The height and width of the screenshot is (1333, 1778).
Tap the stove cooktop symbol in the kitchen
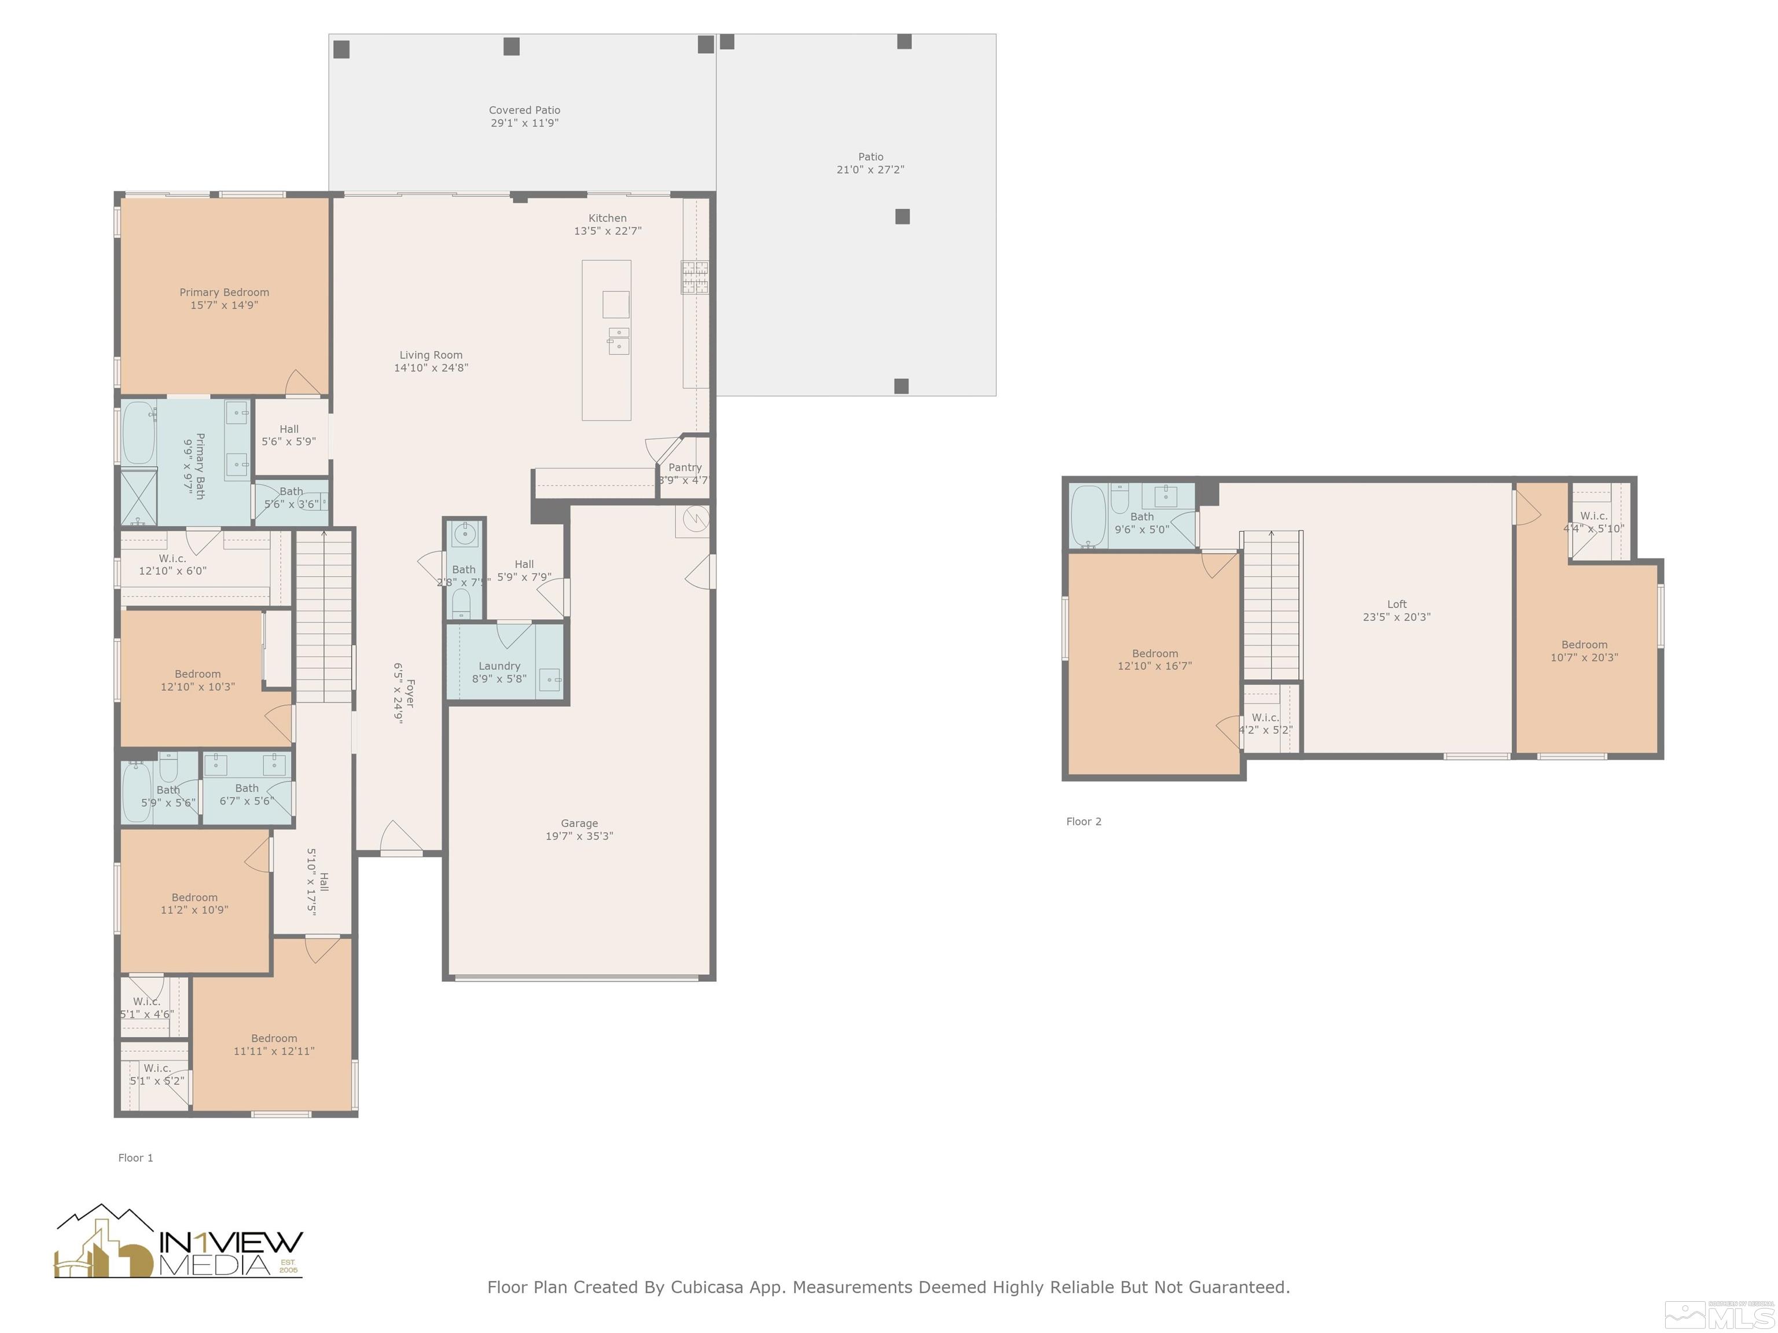(x=695, y=277)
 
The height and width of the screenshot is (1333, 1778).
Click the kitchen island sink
(x=618, y=341)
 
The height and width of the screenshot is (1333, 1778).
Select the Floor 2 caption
(x=1083, y=821)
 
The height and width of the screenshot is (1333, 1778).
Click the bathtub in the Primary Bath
(x=138, y=434)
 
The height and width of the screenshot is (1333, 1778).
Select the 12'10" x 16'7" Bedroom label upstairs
(x=1154, y=660)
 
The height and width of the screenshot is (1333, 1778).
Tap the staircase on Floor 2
(x=1271, y=607)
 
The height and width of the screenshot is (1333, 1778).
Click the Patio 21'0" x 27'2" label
(x=870, y=163)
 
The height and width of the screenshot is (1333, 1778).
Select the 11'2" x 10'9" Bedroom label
(x=194, y=904)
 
